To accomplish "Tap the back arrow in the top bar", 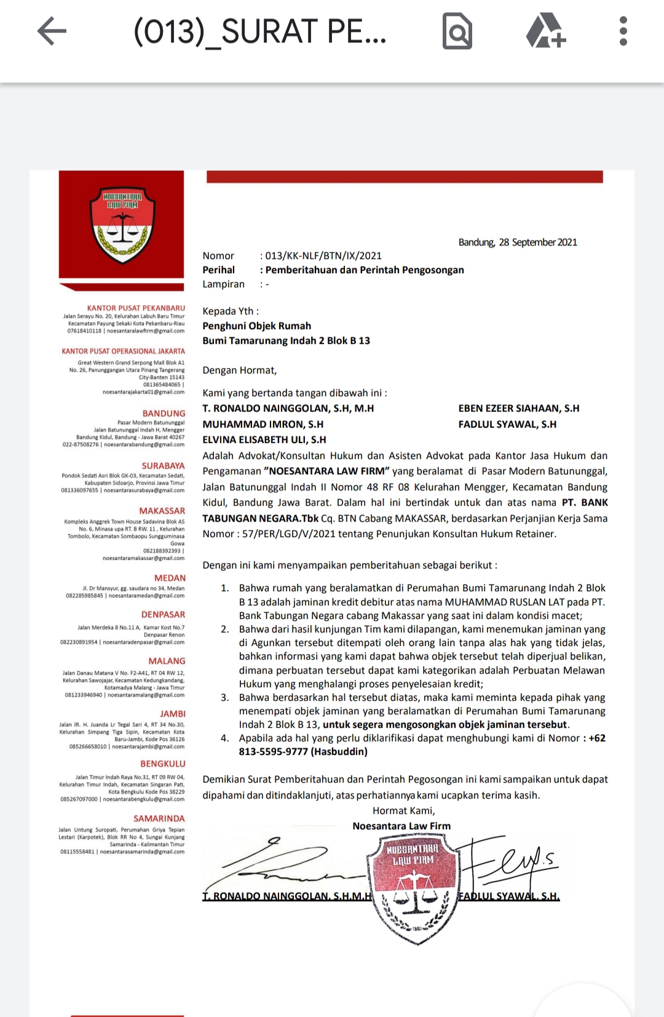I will pos(52,31).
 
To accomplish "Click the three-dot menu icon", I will pos(623,31).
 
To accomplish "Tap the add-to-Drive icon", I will pos(545,31).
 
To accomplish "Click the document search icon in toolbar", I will pos(457,32).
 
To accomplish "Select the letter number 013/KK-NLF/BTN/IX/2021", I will pos(323,256).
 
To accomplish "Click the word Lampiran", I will pos(223,284).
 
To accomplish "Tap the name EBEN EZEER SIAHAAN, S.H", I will pos(518,409).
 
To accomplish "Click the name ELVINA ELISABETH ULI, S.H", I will pos(264,440).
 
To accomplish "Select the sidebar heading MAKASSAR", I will pos(162,511).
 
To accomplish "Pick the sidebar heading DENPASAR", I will pos(163,615).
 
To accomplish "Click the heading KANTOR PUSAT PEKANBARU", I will pos(136,308).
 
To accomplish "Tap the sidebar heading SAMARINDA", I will pos(159,819).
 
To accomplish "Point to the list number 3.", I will pos(225,698).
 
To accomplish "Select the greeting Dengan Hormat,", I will pos(240,370).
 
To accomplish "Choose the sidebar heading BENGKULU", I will pos(162,764).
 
